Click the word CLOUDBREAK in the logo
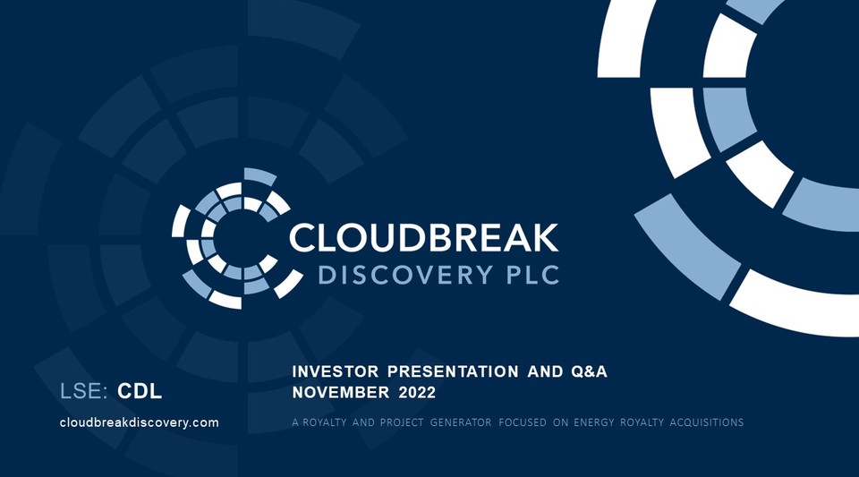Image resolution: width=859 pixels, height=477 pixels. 424,237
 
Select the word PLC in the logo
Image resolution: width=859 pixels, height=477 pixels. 528,275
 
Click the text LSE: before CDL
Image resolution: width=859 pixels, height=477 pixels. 85,391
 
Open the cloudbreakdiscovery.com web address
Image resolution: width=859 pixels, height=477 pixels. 139,422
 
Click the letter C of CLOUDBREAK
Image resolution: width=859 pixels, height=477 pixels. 303,237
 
